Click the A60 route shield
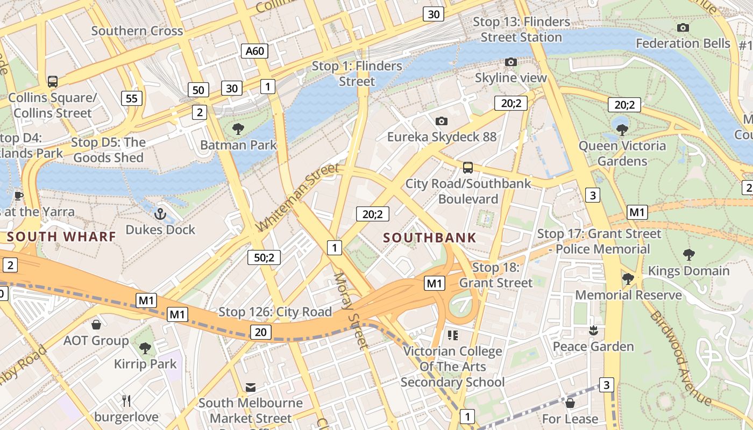254,51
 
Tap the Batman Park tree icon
238,129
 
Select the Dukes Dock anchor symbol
160,214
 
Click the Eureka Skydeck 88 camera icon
442,121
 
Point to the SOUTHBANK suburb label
430,238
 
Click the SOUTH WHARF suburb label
61,236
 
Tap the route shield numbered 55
132,98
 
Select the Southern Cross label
137,31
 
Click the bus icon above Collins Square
52,82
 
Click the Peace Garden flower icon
593,331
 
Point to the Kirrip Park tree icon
145,348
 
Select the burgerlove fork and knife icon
126,400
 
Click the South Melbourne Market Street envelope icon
250,387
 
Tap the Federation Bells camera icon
683,27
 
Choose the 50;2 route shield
264,257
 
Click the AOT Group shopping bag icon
96,325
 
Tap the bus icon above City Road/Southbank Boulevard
468,167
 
